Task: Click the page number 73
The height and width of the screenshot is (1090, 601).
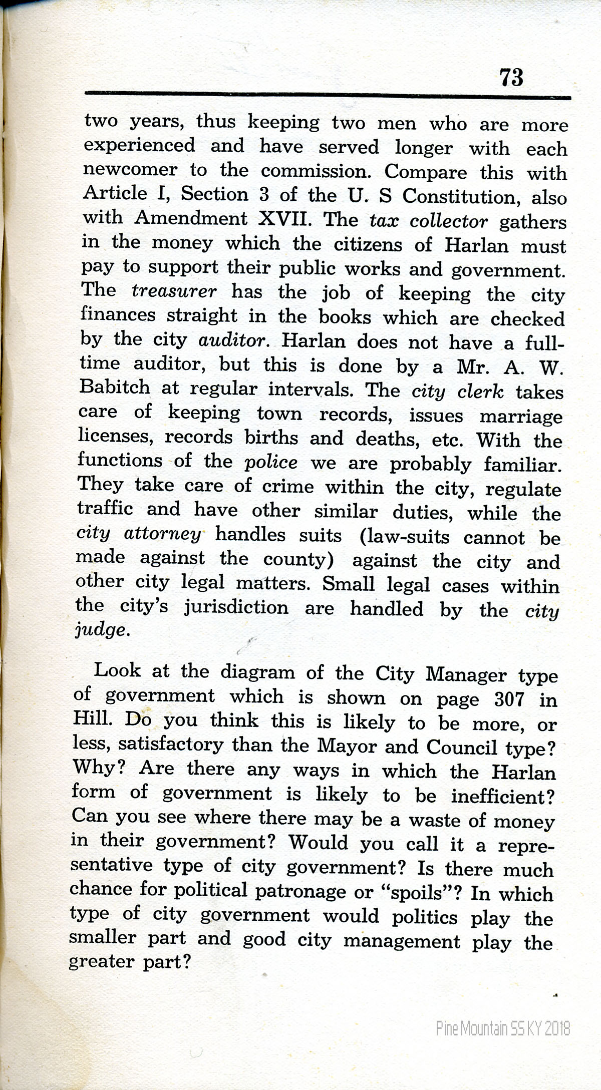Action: tap(511, 78)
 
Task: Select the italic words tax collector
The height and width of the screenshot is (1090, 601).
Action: tap(428, 221)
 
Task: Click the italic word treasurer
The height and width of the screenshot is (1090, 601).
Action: tap(174, 291)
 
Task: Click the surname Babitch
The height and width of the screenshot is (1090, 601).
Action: tap(115, 387)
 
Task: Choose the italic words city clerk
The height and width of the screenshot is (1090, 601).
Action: tap(457, 391)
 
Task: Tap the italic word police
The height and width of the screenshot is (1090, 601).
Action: tap(271, 462)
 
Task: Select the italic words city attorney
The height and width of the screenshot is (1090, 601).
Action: tap(139, 534)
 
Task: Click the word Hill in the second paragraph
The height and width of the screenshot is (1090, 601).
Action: tap(91, 718)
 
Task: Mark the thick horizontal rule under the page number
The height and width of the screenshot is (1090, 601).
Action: tap(328, 95)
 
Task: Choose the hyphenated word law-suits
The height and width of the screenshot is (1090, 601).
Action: tap(404, 536)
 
